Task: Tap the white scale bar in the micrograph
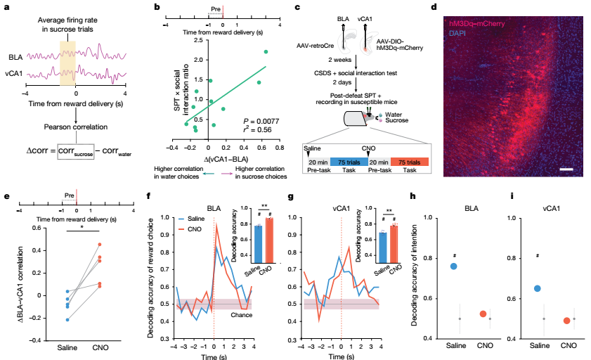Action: point(566,169)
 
